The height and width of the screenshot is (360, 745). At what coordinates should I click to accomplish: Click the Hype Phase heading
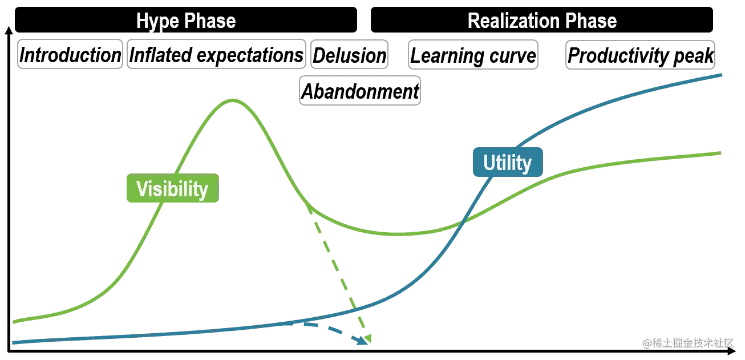pos(186,22)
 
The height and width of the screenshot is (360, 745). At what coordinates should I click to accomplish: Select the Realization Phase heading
pos(542,22)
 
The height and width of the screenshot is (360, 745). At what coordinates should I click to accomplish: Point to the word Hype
pos(156,22)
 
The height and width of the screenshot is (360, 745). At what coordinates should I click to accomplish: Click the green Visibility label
pos(172,189)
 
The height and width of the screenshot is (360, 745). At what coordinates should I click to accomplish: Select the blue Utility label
pos(507,163)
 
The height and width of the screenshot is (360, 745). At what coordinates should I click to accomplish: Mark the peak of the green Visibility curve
pos(232,100)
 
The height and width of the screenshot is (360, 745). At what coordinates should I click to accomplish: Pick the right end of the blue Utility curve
pos(724,75)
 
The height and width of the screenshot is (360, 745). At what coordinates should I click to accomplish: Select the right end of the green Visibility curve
pos(724,153)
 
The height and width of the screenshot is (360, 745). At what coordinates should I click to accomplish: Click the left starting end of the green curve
pos(13,322)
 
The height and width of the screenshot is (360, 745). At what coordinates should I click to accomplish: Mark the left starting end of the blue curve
pos(13,342)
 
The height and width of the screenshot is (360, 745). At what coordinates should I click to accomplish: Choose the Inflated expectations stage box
pos(216,55)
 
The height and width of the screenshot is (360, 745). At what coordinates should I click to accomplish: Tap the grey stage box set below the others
pos(361,91)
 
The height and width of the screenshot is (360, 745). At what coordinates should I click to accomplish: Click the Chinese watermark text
pos(687,342)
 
